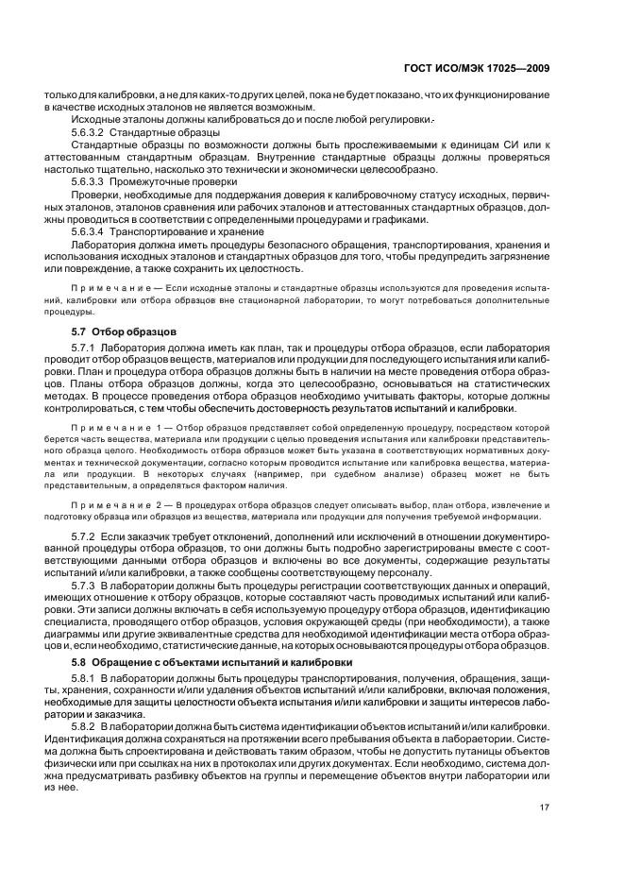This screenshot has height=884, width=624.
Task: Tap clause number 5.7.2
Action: click(83, 535)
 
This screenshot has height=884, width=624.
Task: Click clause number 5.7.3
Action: click(83, 586)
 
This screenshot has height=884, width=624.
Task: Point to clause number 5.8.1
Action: click(83, 680)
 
